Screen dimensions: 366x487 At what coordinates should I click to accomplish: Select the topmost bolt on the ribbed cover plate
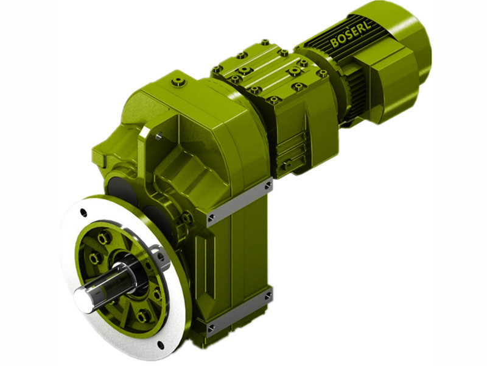point(265,43)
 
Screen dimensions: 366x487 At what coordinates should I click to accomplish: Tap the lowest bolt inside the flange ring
point(142,315)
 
